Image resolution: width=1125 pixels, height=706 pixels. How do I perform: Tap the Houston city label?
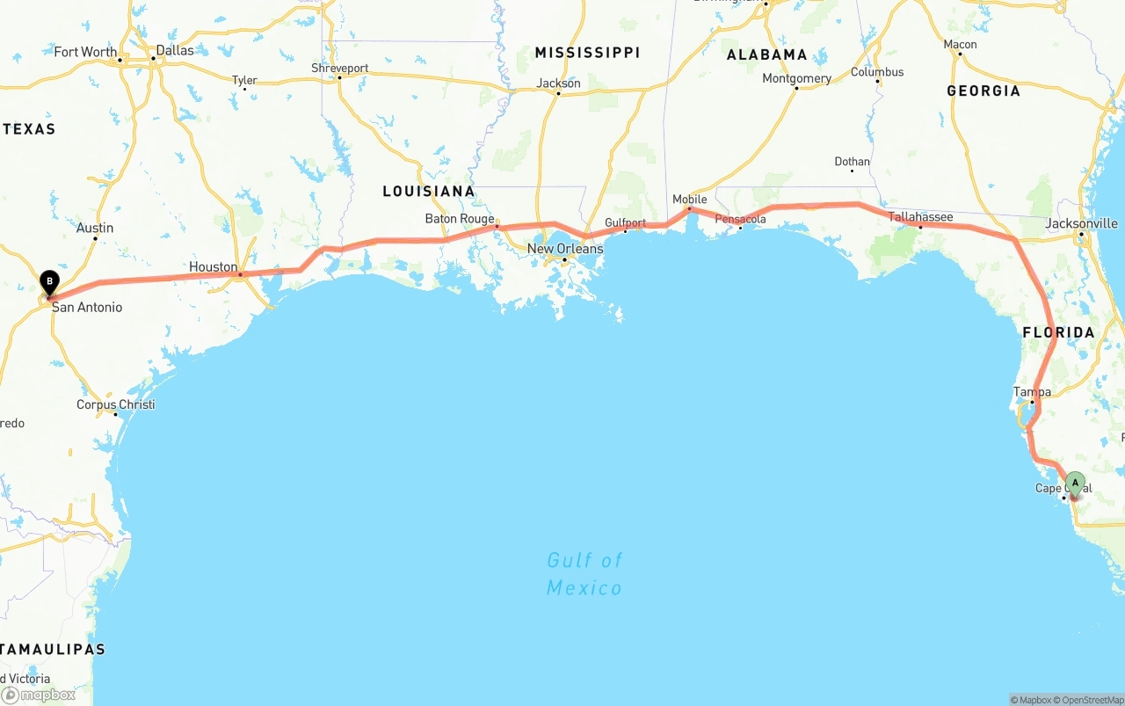coord(214,267)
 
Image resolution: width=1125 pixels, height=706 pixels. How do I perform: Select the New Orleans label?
coord(565,249)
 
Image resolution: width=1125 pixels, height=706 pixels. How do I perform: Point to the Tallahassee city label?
coord(920,217)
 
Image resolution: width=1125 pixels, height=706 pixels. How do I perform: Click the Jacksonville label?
coord(1081,223)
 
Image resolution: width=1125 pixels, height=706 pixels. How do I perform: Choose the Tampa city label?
coord(1032,392)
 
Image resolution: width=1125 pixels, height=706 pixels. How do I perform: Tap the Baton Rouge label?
coord(460,219)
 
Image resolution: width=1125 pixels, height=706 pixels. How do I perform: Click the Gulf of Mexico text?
coord(584,573)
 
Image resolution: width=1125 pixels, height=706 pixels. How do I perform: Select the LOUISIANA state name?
coord(428,191)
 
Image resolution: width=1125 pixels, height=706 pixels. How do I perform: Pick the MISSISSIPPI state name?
coord(587,53)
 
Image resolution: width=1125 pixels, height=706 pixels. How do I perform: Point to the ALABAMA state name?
coord(766,55)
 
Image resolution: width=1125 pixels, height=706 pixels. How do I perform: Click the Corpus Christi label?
coord(115,404)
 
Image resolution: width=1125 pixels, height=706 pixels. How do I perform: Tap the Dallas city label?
coord(175,50)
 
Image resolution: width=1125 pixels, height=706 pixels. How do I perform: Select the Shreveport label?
coord(339,68)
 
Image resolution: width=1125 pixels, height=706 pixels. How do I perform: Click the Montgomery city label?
coord(796,78)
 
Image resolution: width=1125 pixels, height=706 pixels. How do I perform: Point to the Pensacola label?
coord(740,219)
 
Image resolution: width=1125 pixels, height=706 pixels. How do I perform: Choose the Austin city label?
coord(95,228)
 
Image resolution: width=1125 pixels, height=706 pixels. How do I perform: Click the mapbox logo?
coord(38,695)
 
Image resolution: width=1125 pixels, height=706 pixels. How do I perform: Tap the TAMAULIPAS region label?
coord(53,649)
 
